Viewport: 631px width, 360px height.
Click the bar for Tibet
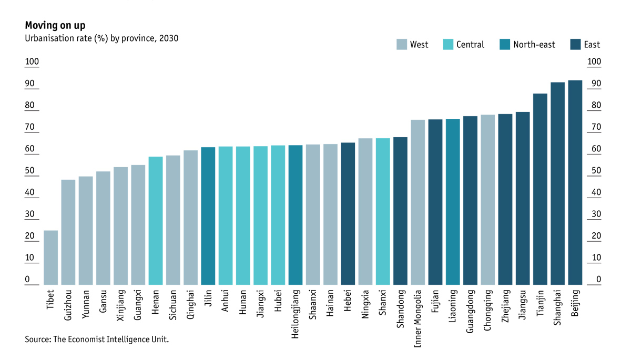point(50,258)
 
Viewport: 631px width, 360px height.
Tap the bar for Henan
point(156,221)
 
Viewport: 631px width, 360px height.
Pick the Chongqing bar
point(487,200)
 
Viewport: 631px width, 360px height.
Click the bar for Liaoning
point(453,202)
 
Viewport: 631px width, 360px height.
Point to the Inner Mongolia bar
point(418,202)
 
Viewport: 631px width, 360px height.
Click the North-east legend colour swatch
point(504,45)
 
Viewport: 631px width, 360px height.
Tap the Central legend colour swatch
point(447,45)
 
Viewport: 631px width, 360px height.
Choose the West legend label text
point(419,45)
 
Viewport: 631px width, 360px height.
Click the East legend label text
point(592,45)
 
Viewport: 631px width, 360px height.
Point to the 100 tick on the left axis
point(32,62)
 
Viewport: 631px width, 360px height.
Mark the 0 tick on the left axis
point(27,280)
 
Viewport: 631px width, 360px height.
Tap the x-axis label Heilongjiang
point(296,313)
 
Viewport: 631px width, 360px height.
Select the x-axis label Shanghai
point(557,306)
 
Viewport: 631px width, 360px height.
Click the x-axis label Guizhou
point(68,304)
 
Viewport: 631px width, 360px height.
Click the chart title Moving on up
point(55,25)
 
